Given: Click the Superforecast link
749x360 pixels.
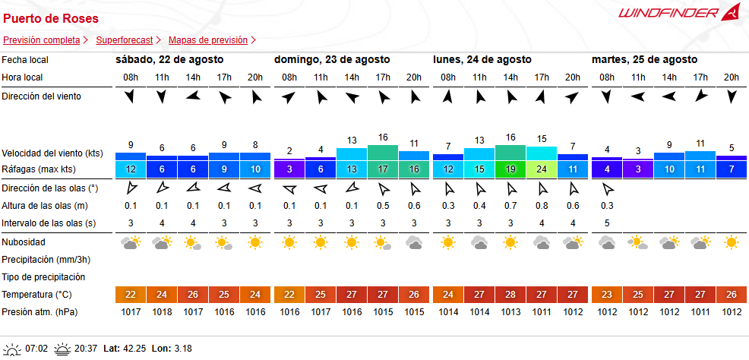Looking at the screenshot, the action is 124,40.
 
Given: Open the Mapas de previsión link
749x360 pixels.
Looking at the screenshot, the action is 208,40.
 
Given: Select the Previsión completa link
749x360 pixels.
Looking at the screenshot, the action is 42,40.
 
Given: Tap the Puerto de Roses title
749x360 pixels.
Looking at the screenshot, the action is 51,19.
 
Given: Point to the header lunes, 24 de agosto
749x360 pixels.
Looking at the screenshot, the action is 482,60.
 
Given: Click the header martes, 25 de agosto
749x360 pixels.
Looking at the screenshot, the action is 644,60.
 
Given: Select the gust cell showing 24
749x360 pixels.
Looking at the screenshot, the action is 542,169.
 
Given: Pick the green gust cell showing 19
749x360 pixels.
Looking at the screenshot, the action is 510,169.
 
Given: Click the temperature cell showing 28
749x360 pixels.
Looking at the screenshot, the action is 510,295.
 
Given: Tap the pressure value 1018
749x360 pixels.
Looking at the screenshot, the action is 162,312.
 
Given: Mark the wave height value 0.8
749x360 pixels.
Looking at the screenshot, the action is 542,207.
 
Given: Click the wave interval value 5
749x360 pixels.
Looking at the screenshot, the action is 607,223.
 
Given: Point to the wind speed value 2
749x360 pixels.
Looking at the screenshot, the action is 289,151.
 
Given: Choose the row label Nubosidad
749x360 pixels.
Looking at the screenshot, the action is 24,242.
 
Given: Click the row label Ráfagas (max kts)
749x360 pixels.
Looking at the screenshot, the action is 38,169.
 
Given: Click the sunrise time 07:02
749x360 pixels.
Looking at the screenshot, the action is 36,349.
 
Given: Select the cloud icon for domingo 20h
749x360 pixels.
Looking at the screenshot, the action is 414,243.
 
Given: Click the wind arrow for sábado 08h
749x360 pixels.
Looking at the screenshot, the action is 129,97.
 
